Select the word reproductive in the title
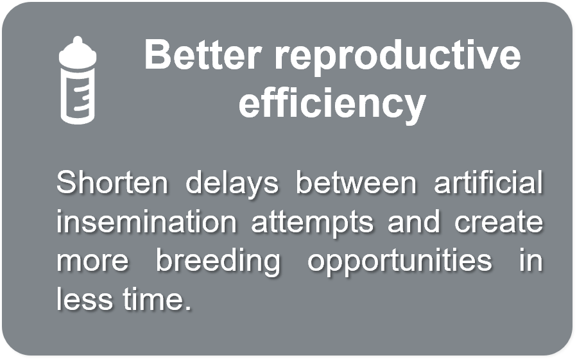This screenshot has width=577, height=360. (397, 58)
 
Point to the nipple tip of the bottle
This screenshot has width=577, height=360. (78, 38)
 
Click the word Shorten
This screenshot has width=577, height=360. (112, 182)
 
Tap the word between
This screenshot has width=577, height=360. (356, 182)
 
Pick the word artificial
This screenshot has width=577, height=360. (488, 182)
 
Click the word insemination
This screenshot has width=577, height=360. (146, 221)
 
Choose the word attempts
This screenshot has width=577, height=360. (313, 223)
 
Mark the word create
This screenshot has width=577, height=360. (499, 222)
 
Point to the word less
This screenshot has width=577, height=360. (84, 299)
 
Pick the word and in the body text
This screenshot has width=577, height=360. (414, 221)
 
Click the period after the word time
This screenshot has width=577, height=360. (188, 309)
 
